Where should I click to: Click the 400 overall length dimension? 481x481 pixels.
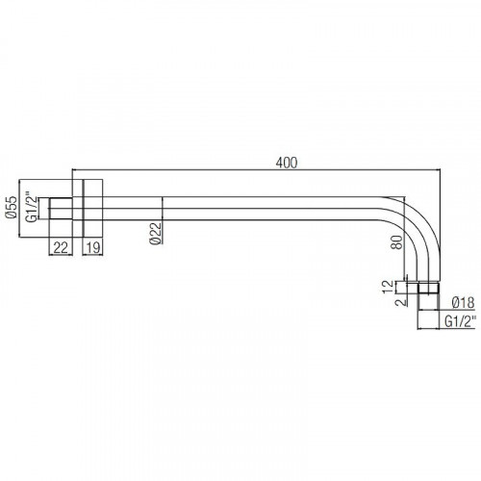pos(287,163)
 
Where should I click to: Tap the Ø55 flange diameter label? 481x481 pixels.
pos(12,207)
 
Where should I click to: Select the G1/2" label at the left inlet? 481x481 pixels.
pos(31,207)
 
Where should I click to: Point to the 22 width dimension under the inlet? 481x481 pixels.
pos(61,247)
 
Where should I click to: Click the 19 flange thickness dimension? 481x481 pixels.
pos(93,247)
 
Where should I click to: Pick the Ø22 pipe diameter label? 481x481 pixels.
pos(156,233)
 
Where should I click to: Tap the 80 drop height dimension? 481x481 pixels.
pos(396,242)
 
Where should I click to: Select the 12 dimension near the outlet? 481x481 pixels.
pos(388,287)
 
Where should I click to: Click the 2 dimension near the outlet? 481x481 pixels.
pos(401,302)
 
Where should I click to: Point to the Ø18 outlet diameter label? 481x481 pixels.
pos(463,303)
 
